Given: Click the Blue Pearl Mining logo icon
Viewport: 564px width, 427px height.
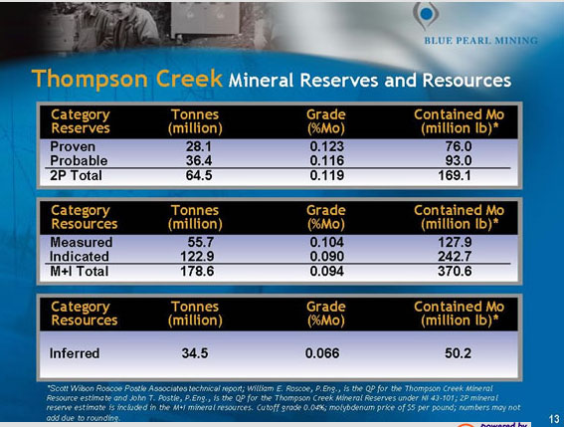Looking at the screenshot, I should point(427,15).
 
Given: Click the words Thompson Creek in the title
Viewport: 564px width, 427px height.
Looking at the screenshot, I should point(127,79).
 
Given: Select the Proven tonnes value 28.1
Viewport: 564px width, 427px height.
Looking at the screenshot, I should point(200,146).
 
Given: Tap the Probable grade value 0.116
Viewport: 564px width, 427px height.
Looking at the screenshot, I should point(326,160).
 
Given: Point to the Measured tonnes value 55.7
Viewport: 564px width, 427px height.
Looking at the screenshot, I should point(202,242).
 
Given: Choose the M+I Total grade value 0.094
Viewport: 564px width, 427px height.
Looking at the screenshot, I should point(326,271).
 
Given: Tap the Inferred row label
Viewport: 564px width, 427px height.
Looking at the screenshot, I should point(75,352).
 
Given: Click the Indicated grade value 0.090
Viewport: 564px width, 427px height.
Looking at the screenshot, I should point(326,256).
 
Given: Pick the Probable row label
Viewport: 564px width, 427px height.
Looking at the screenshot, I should point(79,160).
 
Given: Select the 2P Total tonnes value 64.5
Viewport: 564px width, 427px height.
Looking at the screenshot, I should point(200,176).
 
